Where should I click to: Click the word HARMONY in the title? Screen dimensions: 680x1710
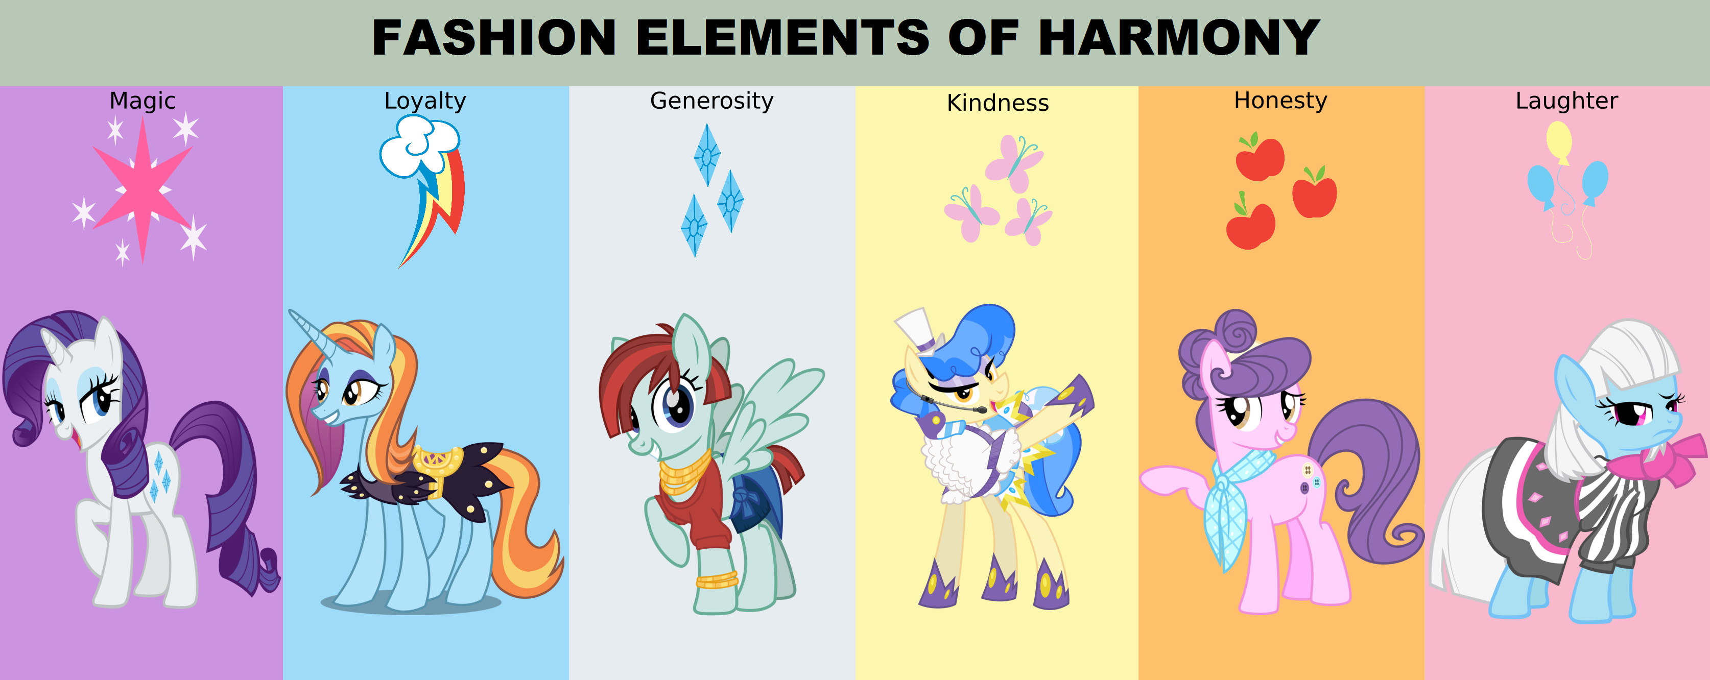(1179, 37)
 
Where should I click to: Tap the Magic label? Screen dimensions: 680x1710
(142, 101)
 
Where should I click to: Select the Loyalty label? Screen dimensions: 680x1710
(425, 101)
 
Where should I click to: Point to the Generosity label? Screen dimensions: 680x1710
(711, 101)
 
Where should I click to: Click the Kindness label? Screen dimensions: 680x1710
(997, 103)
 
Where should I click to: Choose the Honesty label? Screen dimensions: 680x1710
(1280, 101)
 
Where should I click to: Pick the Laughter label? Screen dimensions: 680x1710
(1566, 101)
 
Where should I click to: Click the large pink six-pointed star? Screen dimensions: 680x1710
(142, 189)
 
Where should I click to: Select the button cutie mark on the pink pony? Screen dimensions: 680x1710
(1309, 479)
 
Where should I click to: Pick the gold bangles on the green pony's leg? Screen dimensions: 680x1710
(717, 580)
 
